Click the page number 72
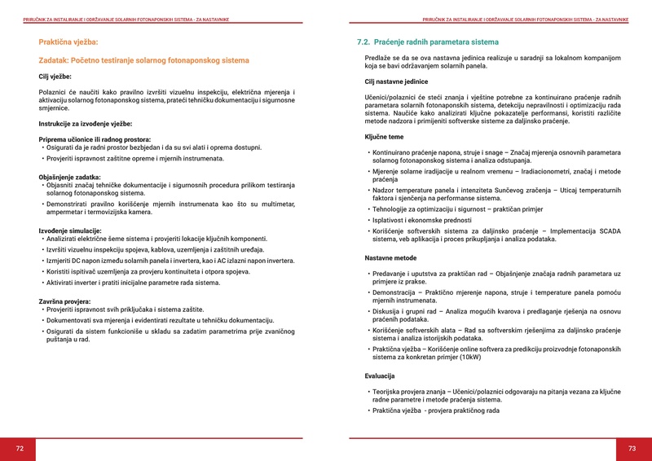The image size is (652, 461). click(x=20, y=449)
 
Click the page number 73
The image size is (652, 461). click(x=632, y=449)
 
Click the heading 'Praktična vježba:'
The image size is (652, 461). click(x=68, y=41)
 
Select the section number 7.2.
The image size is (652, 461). click(x=364, y=41)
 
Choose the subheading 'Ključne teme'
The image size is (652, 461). click(x=384, y=137)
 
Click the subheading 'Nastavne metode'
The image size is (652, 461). click(x=390, y=257)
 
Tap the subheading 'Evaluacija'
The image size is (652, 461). click(x=380, y=376)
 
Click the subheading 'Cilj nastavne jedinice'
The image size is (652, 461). click(x=397, y=82)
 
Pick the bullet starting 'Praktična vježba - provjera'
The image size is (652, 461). click(x=436, y=411)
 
